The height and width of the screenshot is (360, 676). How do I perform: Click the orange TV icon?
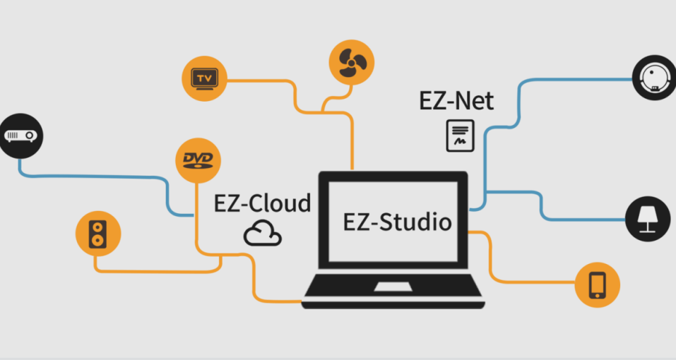[x=204, y=78]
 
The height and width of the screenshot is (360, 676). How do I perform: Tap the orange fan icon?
[x=351, y=62]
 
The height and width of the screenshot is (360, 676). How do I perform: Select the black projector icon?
[x=21, y=135]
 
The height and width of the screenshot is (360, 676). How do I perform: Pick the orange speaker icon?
[x=98, y=234]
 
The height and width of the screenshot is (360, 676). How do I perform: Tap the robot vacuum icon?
[x=654, y=78]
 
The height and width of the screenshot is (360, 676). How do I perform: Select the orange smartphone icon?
[x=598, y=285]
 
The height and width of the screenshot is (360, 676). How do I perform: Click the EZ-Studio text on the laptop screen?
[x=397, y=222]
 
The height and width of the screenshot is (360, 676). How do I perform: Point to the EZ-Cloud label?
[x=262, y=204]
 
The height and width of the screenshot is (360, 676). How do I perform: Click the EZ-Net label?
[x=456, y=101]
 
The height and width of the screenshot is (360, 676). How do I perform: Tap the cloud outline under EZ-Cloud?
[x=263, y=233]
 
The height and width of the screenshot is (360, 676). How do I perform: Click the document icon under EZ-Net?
[x=460, y=135]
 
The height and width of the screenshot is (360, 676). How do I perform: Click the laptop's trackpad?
[x=393, y=287]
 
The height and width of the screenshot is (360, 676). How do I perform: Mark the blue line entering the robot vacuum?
[x=572, y=80]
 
